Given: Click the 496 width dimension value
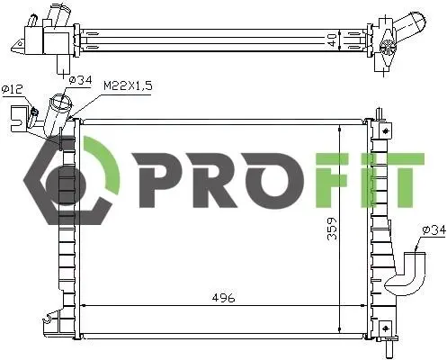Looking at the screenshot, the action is point(224,298).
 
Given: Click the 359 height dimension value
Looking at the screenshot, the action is point(332,229).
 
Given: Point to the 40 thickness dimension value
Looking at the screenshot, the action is point(332,40).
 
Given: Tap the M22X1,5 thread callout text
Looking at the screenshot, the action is point(128,85).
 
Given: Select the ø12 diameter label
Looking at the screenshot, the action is point(13,89).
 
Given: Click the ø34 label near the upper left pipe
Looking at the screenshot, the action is point(80,80).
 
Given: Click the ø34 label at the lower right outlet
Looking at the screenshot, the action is point(434,230).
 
